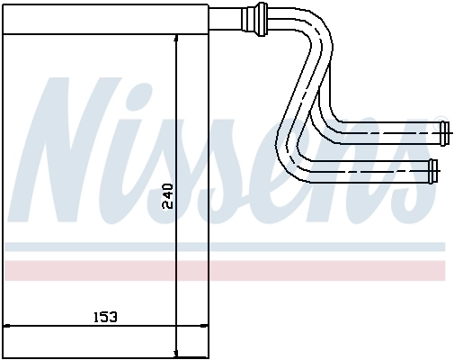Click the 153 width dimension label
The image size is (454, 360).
coord(106,318)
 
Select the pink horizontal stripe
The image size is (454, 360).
coord(225,270)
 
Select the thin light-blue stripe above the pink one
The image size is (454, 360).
coord(225,246)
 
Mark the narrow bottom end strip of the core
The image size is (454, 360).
coord(106,354)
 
